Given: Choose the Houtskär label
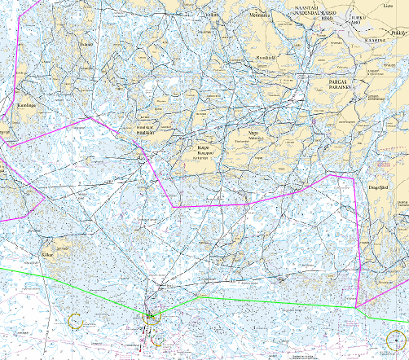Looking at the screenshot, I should [x=146, y=133].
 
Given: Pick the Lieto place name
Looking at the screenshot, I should [x=385, y=4].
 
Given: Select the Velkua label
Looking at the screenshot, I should [x=214, y=14].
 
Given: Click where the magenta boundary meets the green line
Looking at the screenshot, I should [x=357, y=308].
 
